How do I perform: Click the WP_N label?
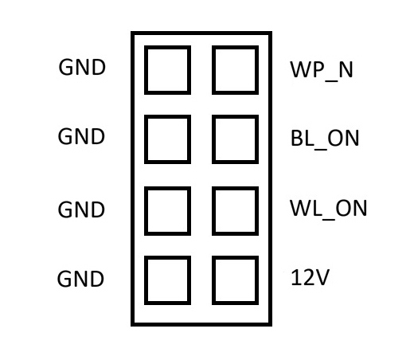pos(322,70)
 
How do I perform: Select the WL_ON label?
pos(328,209)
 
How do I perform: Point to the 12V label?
pos(310,277)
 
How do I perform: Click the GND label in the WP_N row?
pos(82,68)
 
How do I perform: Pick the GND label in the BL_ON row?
pos(81,136)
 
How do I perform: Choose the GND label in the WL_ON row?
pos(81,209)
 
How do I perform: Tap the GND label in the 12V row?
pos(80,279)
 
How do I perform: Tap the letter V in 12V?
pos(322,277)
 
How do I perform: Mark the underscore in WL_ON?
pos(328,219)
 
